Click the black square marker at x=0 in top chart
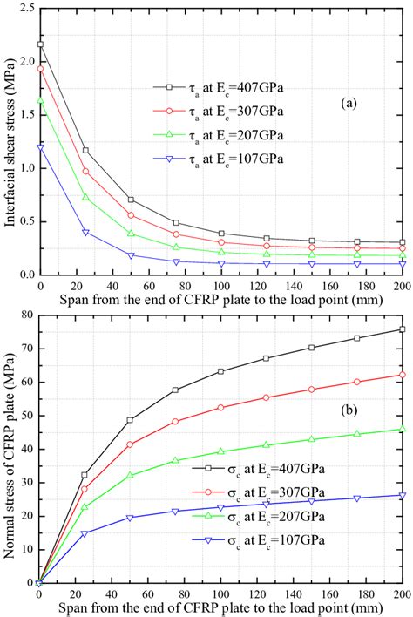(39, 44)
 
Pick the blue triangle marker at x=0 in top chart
(39, 147)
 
